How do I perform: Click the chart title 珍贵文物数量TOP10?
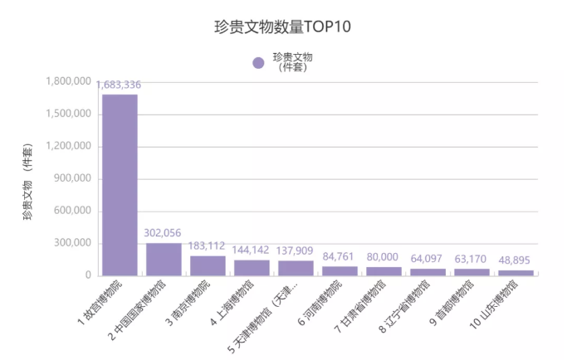pyautogui.click(x=283, y=27)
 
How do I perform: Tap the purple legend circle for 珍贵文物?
pyautogui.click(x=258, y=62)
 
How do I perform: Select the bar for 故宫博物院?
pyautogui.click(x=120, y=184)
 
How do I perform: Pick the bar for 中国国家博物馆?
pyautogui.click(x=164, y=259)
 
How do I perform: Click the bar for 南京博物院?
pyautogui.click(x=208, y=265)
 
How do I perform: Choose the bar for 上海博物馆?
pyautogui.click(x=252, y=267)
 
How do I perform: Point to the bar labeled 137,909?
pyautogui.click(x=296, y=268)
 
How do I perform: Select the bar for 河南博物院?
pyautogui.click(x=340, y=270)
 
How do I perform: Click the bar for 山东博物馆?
pyautogui.click(x=516, y=272)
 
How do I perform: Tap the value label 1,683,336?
pyautogui.click(x=120, y=85)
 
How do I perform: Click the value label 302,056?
pyautogui.click(x=164, y=233)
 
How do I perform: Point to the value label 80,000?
pyautogui.click(x=384, y=257)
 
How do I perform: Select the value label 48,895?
pyautogui.click(x=516, y=260)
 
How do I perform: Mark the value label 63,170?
pyautogui.click(x=472, y=259)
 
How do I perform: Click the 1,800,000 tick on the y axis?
pyautogui.click(x=70, y=82)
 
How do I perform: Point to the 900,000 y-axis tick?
pyautogui.click(x=75, y=178)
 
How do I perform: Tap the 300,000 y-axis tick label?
pyautogui.click(x=75, y=243)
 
